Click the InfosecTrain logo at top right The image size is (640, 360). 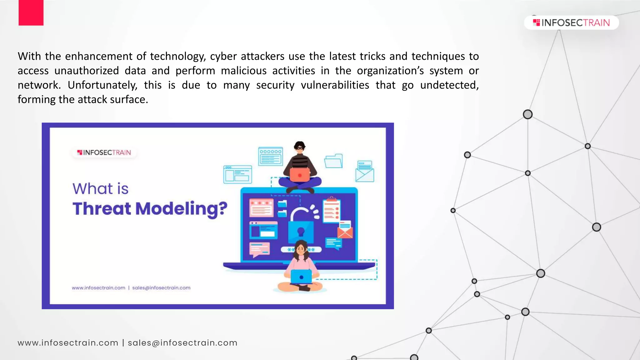point(571,22)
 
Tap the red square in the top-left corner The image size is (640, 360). point(31,12)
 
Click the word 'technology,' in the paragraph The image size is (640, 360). point(178,57)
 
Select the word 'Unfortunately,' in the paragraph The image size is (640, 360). point(102,85)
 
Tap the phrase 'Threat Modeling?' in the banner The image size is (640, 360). point(150,208)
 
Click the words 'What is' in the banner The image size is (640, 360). point(101,189)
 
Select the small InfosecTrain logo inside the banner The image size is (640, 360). point(104,152)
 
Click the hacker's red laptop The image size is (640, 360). point(299,175)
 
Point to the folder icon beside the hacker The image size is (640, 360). point(333,161)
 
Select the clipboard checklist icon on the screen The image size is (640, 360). point(331,210)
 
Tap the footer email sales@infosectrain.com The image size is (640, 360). point(182,343)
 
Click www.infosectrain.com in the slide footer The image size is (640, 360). point(68,343)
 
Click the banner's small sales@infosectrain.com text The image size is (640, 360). point(161,288)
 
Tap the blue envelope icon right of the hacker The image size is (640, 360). point(364,172)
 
